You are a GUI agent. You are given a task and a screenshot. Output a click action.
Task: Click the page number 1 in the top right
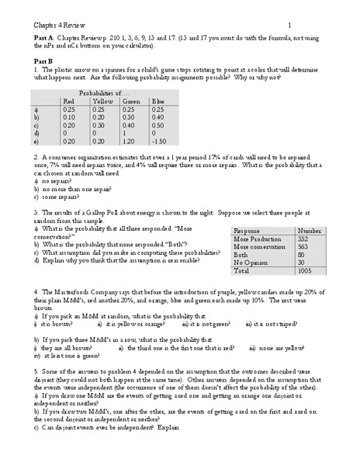point(289,25)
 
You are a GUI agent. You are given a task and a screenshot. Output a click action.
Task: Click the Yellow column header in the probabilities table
point(102,101)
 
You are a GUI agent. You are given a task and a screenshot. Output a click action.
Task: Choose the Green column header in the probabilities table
point(131,101)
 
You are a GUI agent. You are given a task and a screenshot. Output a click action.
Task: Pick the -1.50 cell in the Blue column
point(160,141)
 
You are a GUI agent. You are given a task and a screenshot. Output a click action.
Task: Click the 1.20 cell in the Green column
point(130,141)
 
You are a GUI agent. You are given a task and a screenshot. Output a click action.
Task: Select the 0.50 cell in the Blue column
point(158,124)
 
